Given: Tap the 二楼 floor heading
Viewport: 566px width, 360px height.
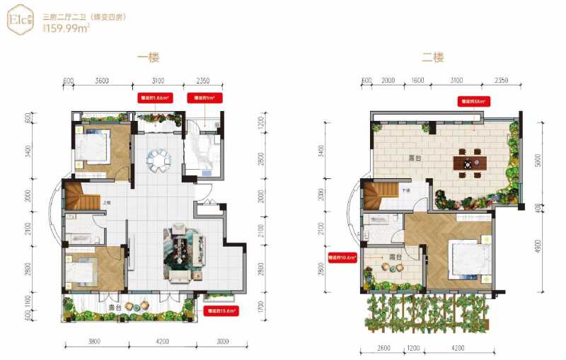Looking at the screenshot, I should point(432,58).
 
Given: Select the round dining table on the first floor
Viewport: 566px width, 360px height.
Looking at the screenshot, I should point(158,161).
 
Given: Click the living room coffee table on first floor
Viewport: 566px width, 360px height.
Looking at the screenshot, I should point(183,251).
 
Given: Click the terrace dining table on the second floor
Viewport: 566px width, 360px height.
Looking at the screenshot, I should point(468,164).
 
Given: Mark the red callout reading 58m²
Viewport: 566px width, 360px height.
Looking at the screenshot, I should point(473,101).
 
